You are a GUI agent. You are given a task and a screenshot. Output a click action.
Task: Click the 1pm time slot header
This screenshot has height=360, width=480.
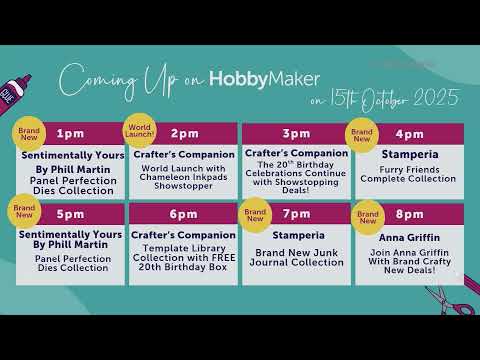coord(71,133)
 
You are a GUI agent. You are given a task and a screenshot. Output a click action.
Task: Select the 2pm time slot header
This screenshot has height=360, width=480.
coord(185,133)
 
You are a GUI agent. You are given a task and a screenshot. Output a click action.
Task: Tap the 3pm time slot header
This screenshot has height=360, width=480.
coord(296,133)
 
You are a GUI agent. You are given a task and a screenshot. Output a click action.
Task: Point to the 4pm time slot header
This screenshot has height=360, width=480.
coord(410,133)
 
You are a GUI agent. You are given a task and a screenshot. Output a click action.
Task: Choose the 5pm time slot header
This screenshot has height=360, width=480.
coord(71,214)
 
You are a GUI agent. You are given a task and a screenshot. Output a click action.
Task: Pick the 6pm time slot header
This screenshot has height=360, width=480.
coord(184,214)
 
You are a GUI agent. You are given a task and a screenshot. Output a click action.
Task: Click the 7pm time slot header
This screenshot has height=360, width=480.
coord(297,214)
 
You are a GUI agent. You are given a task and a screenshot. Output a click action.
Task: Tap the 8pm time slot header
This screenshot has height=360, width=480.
coord(410,214)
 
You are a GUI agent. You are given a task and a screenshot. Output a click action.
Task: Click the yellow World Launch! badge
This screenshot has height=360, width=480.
coord(139,131)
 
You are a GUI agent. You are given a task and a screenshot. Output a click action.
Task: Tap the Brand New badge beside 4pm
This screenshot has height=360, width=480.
coord(361,134)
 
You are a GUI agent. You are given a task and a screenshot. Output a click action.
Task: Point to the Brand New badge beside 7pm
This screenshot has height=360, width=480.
coord(256,214)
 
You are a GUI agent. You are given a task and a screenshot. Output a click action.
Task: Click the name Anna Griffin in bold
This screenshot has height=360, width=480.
coord(410,238)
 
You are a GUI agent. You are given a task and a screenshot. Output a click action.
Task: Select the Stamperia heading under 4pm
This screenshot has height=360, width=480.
coord(410,156)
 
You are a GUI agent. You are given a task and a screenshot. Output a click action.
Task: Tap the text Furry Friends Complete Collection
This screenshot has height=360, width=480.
coord(410,175)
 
